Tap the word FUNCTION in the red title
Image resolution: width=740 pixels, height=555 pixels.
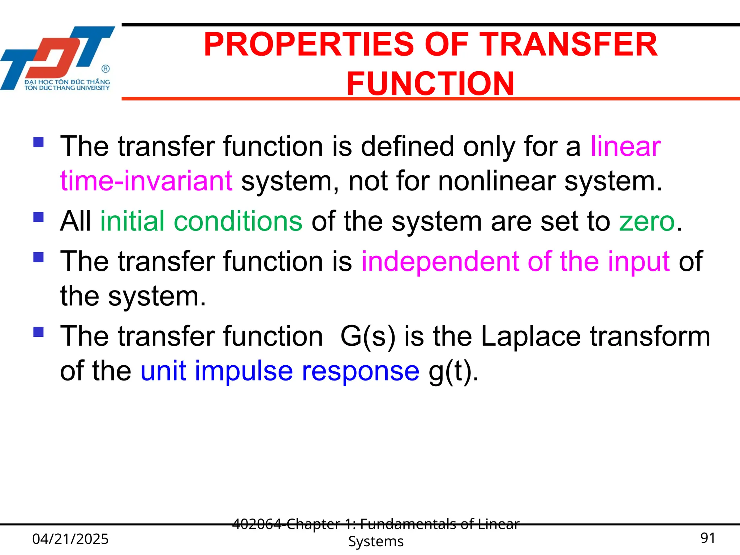click(430, 84)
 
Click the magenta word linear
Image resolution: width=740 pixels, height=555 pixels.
click(625, 147)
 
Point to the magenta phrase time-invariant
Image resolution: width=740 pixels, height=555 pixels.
click(146, 181)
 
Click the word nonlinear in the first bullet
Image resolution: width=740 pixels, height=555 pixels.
click(497, 181)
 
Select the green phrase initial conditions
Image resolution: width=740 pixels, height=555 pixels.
click(201, 221)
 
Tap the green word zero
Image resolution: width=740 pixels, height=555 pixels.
click(647, 221)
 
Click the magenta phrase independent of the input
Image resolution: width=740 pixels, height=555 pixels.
click(516, 261)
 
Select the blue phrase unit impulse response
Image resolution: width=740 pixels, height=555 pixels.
click(280, 371)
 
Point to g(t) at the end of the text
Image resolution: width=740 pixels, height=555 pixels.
click(453, 371)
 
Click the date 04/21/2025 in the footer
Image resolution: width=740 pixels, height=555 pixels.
click(70, 539)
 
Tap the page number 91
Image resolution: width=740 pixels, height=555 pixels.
click(707, 538)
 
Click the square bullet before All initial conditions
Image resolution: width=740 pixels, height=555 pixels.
click(38, 217)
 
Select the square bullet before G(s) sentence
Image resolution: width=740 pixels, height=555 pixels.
click(38, 332)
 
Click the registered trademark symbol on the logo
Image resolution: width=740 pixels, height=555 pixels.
click(105, 69)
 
